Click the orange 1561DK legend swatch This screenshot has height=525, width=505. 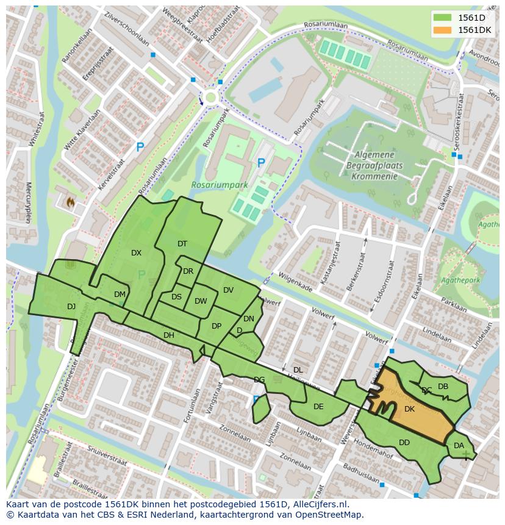(x=443, y=30)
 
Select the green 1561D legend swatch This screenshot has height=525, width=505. (x=443, y=18)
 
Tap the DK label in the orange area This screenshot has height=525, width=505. (x=409, y=409)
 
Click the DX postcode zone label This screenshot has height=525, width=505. (x=136, y=252)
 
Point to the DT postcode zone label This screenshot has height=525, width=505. (x=182, y=244)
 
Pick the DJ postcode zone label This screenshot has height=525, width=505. (x=71, y=306)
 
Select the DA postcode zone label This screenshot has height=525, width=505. (x=459, y=446)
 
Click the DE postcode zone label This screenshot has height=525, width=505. (x=318, y=406)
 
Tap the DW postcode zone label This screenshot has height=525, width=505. (x=201, y=301)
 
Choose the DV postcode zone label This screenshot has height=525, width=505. (x=228, y=290)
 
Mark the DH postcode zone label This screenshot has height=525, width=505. (x=169, y=335)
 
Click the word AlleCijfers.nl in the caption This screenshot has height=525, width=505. (x=318, y=504)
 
